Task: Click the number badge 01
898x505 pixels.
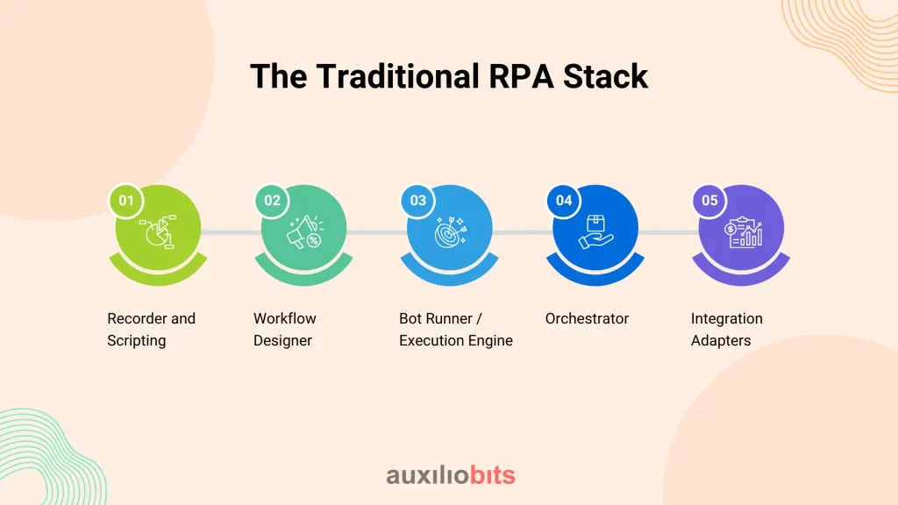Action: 126,201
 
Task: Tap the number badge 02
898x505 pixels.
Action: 272,201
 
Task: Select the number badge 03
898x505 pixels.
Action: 418,201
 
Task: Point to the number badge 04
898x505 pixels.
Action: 564,201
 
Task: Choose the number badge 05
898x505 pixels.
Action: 709,201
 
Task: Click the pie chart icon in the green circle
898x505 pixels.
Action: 158,231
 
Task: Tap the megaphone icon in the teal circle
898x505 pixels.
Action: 304,231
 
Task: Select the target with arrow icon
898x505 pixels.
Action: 451,231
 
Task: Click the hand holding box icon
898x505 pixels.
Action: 595,231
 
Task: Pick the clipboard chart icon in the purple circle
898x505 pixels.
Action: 743,231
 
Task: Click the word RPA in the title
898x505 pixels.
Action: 521,76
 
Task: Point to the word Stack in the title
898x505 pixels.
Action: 605,76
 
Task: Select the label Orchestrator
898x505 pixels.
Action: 587,318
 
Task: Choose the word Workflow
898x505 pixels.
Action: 285,318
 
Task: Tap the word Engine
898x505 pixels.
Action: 490,341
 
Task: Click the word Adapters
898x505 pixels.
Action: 721,341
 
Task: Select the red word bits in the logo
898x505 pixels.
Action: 493,475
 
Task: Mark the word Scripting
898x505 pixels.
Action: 136,341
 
